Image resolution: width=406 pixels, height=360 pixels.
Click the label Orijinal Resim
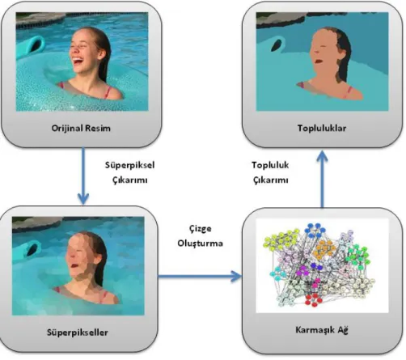tap(81, 128)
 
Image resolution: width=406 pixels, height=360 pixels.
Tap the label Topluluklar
tap(322, 128)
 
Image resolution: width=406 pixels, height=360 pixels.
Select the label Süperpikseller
tap(78, 332)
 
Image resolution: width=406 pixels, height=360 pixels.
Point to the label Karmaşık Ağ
tap(322, 330)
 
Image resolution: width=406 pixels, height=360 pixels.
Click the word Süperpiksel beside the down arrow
tap(129, 165)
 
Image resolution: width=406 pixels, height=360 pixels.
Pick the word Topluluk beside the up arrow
tap(270, 165)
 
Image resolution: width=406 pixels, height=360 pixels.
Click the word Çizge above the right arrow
tap(200, 229)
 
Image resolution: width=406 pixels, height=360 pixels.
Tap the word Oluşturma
tap(200, 244)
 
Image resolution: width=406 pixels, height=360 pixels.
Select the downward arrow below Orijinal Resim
tap(83, 176)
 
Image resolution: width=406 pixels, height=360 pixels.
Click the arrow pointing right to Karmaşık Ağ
tap(200, 276)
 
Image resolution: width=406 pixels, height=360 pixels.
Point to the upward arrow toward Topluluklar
tap(322, 179)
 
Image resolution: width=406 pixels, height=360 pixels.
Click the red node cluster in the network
tap(313, 299)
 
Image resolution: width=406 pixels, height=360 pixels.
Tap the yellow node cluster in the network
tap(281, 239)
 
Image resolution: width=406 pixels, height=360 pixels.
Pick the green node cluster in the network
tap(357, 256)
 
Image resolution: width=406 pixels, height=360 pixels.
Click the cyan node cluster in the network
tap(278, 273)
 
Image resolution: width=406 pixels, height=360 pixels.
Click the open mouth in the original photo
tap(78, 61)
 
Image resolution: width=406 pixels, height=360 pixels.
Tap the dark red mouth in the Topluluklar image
tap(319, 61)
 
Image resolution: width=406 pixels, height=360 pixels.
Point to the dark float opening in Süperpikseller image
tap(32, 249)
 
